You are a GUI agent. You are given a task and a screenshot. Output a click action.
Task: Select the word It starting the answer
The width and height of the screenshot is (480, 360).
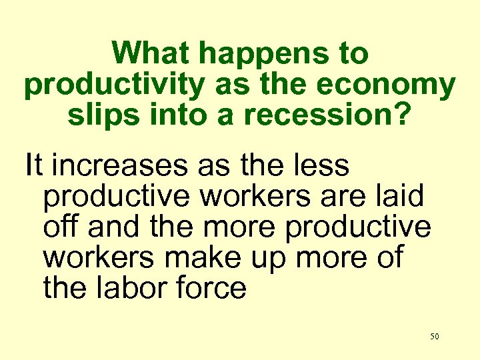coord(33,165)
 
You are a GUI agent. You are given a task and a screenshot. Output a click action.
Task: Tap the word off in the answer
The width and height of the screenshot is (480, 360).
coord(61,227)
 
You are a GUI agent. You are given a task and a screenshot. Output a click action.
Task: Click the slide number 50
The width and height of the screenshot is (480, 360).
coord(435,337)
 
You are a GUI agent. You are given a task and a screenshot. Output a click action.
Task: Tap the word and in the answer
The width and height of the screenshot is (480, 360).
coord(114,227)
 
